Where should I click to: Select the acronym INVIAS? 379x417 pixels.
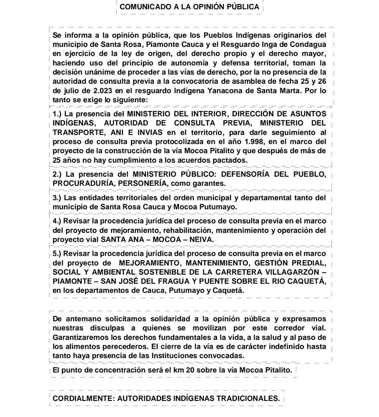[144, 132]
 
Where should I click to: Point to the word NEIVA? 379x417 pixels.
[201, 239]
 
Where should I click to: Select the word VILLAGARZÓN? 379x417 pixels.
[297, 272]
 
